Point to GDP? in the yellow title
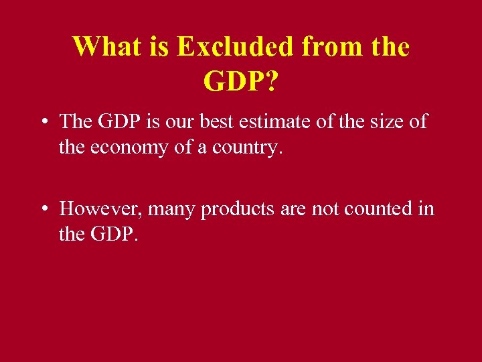tap(241, 81)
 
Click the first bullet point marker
tap(43, 123)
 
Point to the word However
tap(101, 209)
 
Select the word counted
tap(377, 209)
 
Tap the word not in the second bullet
tap(325, 209)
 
